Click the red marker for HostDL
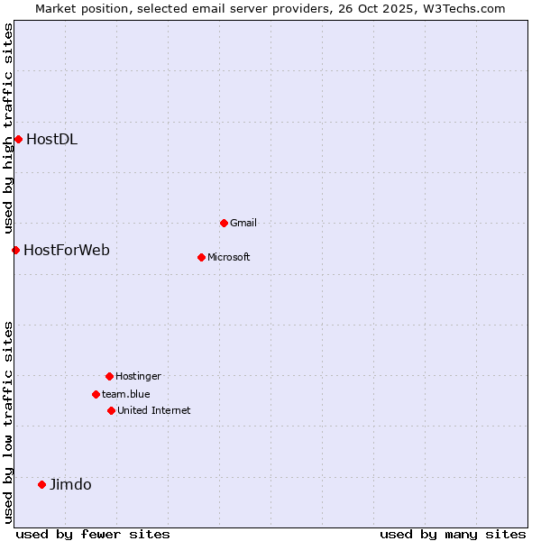pyautogui.click(x=18, y=139)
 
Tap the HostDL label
pyautogui.click(x=51, y=139)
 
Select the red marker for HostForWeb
pyautogui.click(x=15, y=250)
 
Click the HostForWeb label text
pyautogui.click(x=67, y=250)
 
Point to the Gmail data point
pyautogui.click(x=224, y=223)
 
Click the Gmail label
pyautogui.click(x=243, y=223)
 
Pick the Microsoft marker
pyautogui.click(x=201, y=257)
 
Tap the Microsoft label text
pyautogui.click(x=228, y=257)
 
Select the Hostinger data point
pyautogui.click(x=109, y=376)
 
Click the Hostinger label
pyautogui.click(x=138, y=376)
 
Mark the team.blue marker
pyautogui.click(x=96, y=394)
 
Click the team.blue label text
pyautogui.click(x=126, y=394)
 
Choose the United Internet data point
pyautogui.click(x=111, y=410)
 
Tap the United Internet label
pyautogui.click(x=153, y=410)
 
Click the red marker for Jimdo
pyautogui.click(x=41, y=484)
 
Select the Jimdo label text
pyautogui.click(x=70, y=484)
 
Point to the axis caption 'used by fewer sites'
pyautogui.click(x=93, y=534)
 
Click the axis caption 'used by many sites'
pyautogui.click(x=453, y=534)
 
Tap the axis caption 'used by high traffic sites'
pyautogui.click(x=8, y=127)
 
